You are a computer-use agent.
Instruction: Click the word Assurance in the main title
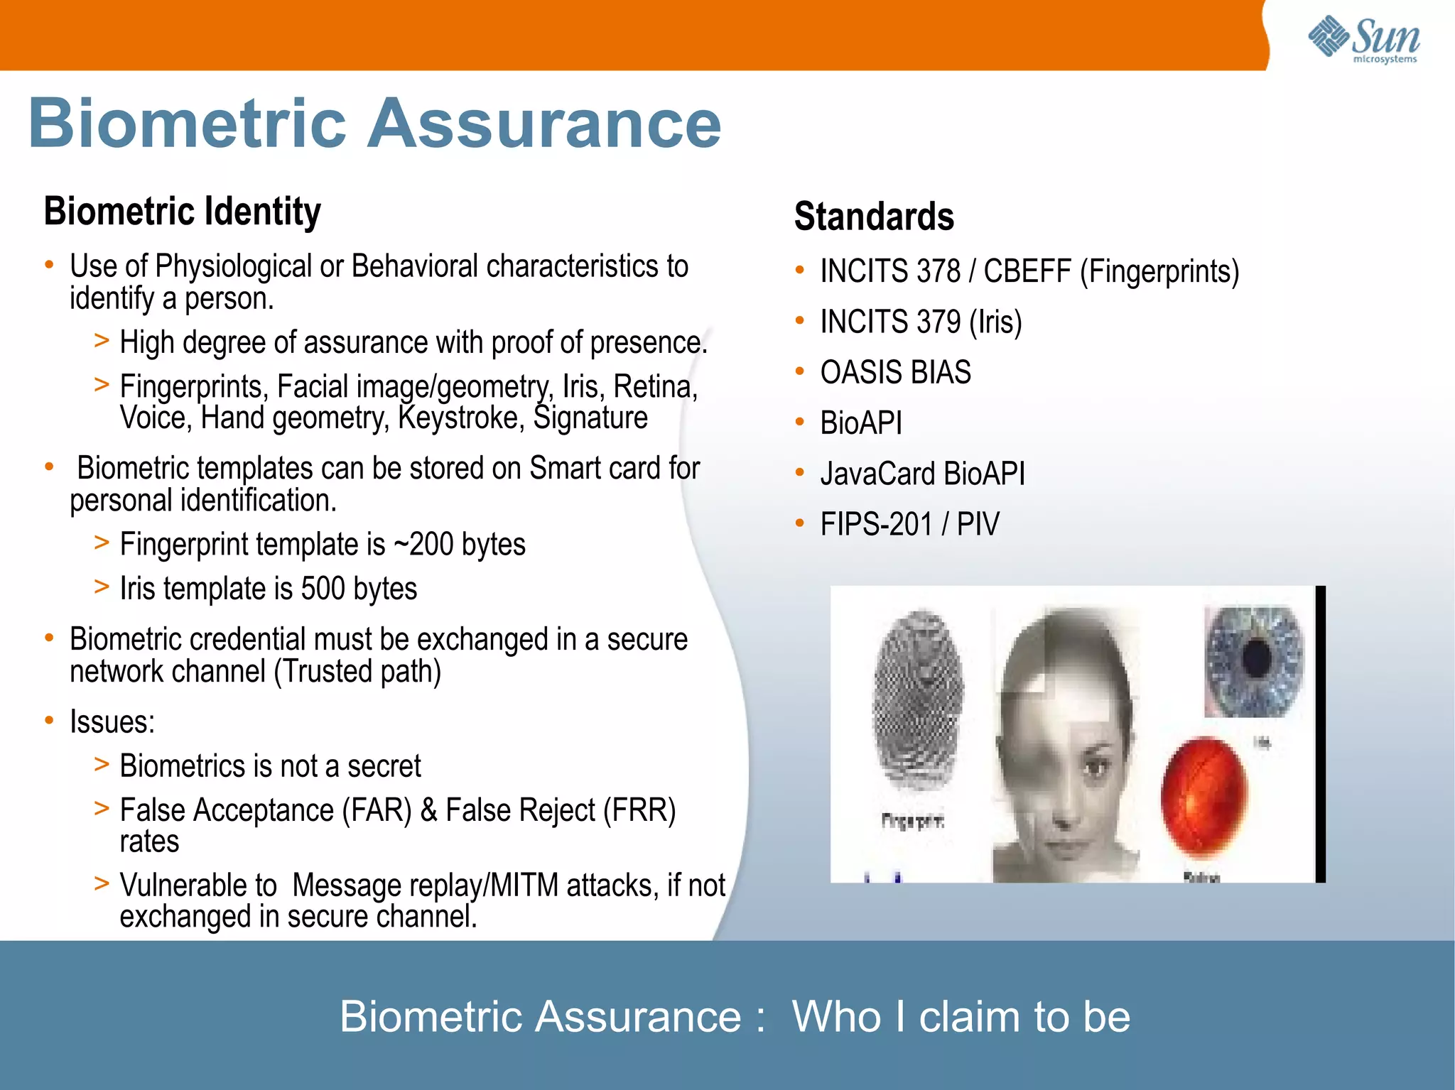click(544, 124)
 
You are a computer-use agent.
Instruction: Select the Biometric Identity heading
click(182, 212)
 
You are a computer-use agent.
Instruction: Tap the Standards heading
click(874, 217)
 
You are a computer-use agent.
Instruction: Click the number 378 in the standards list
click(938, 272)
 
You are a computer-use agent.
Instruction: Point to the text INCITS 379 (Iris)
click(921, 322)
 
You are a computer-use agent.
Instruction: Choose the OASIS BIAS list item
click(895, 373)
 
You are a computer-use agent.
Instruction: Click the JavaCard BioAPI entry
click(922, 474)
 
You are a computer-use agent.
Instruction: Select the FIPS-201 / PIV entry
click(909, 525)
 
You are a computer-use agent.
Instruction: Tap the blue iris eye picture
click(1255, 660)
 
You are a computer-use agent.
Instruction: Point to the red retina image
click(1204, 795)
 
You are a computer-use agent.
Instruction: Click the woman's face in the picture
click(1066, 753)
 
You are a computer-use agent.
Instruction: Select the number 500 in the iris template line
click(323, 589)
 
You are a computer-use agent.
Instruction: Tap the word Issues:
click(112, 722)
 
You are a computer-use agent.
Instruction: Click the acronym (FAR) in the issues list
click(377, 810)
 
